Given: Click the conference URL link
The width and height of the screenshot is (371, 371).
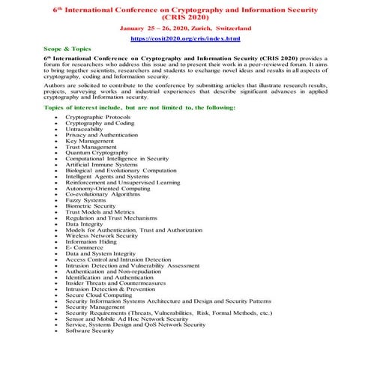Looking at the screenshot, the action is click(185, 37).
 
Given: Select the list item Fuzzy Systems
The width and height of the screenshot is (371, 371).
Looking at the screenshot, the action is click(85, 200).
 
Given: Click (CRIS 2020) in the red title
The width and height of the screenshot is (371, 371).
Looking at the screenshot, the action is click(185, 16).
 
